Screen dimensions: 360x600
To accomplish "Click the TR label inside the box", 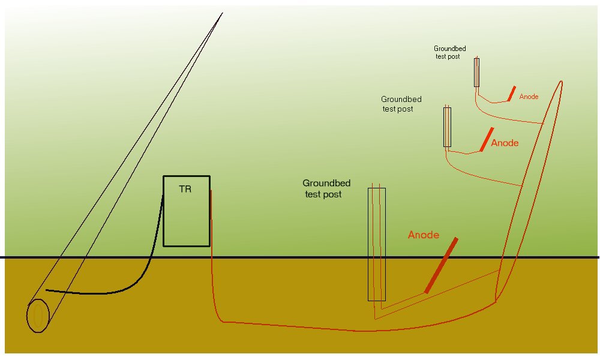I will pyautogui.click(x=185, y=189).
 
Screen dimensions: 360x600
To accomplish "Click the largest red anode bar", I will pyautogui.click(x=442, y=265).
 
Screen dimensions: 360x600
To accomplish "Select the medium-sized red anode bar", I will pyautogui.click(x=487, y=139).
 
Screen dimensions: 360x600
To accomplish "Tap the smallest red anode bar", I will pyautogui.click(x=511, y=93).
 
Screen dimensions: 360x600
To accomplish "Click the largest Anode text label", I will pyautogui.click(x=424, y=235).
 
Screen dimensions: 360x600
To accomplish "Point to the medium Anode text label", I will pyautogui.click(x=505, y=143).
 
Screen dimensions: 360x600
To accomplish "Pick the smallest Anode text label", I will pyautogui.click(x=529, y=97).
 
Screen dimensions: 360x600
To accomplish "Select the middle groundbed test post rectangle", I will pyautogui.click(x=447, y=127).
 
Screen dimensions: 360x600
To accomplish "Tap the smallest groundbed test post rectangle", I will pyautogui.click(x=477, y=72).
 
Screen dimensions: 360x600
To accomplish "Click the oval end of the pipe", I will pyautogui.click(x=38, y=316).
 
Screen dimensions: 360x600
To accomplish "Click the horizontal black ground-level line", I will pyautogui.click(x=300, y=257).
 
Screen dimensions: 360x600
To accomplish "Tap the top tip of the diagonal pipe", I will pyautogui.click(x=221, y=13).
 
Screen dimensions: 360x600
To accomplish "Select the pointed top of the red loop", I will pyautogui.click(x=562, y=82).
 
